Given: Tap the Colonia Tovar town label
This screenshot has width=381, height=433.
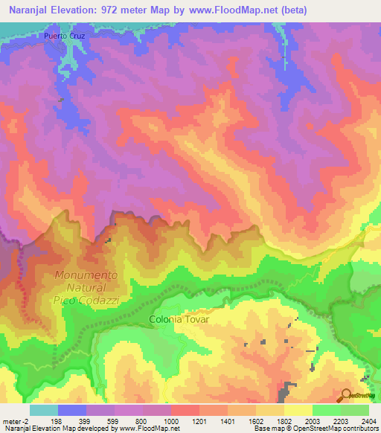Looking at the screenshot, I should point(179,319).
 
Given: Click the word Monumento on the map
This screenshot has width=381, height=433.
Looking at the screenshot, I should point(86,275).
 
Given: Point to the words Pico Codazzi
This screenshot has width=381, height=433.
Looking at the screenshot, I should point(86,298).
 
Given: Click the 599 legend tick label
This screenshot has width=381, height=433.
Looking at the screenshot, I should point(115,421).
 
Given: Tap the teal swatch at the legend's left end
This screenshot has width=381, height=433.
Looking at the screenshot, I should point(44,410).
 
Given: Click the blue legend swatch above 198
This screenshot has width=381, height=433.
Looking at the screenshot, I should point(72,410).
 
